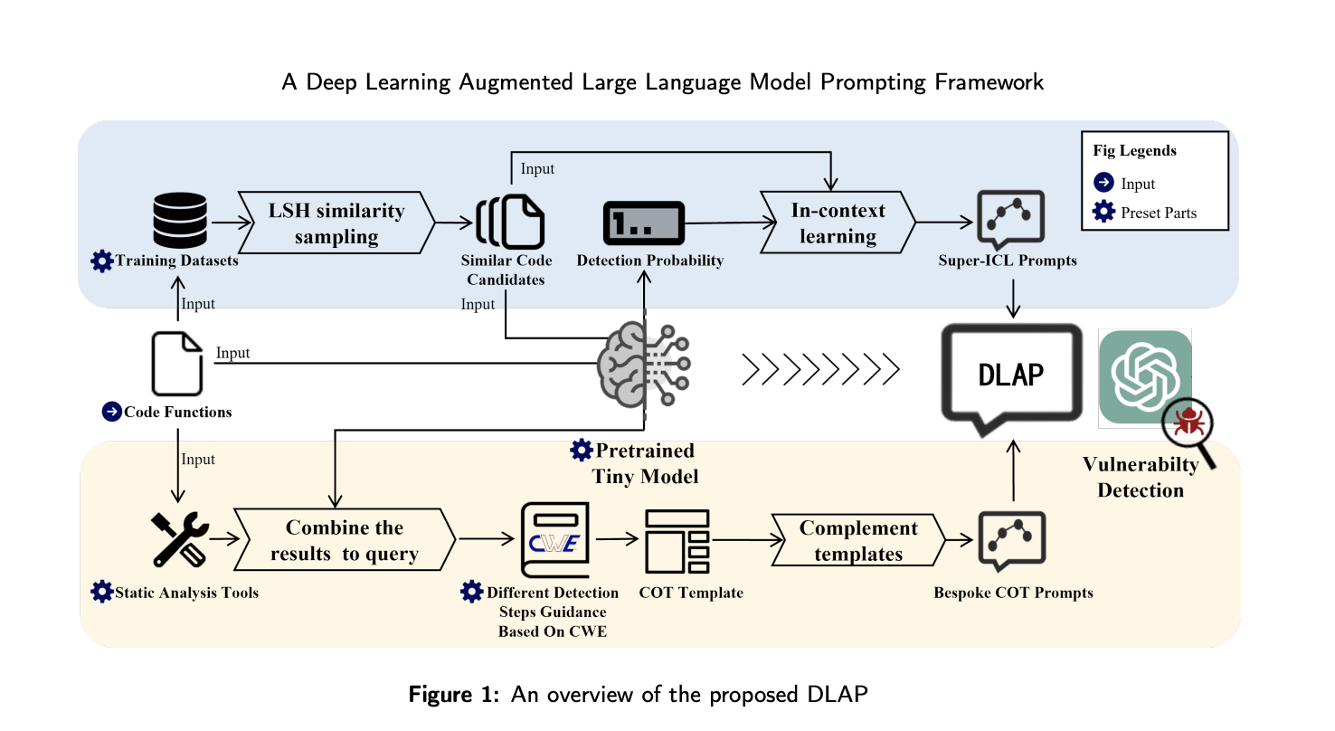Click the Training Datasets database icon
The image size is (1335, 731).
(180, 222)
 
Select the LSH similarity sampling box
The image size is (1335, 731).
(336, 223)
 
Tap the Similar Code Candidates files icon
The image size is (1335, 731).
(511, 222)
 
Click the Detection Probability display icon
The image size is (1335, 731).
(643, 222)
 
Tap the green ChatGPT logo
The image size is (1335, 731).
(1143, 378)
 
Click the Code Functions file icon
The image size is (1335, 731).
(177, 364)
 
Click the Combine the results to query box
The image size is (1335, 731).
(345, 540)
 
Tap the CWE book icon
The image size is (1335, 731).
(554, 540)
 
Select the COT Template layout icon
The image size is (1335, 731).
(677, 541)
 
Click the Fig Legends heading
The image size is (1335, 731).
(1134, 151)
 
